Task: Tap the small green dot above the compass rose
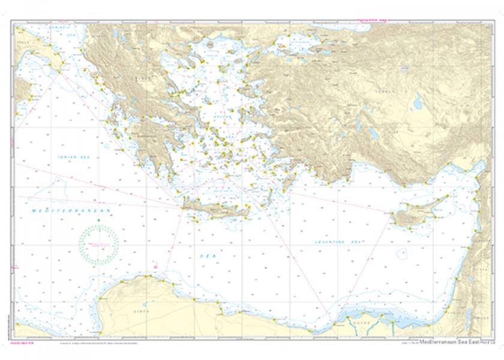98,223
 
